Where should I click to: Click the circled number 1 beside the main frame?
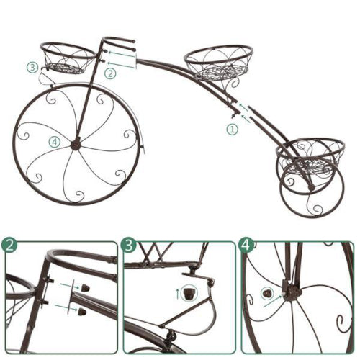click(232, 130)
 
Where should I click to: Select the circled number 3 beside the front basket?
click(32, 67)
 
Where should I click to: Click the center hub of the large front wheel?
click(76, 145)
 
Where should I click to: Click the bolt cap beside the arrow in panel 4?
click(268, 293)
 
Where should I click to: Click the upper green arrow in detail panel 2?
click(70, 286)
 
